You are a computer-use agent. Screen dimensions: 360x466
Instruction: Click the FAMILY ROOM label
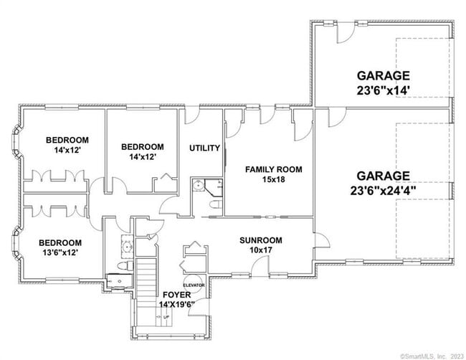[273, 169]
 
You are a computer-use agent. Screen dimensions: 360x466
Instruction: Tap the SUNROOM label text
[260, 240]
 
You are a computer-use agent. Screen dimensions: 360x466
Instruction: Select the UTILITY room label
[204, 148]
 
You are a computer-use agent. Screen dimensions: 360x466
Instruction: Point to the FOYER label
[176, 295]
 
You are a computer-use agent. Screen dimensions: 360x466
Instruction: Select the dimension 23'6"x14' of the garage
[384, 90]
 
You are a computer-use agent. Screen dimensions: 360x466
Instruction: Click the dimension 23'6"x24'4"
[384, 191]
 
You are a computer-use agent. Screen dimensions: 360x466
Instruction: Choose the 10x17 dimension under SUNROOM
[260, 250]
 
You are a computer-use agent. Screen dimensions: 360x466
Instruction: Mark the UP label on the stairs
[167, 316]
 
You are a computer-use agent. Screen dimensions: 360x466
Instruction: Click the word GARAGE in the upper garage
[384, 75]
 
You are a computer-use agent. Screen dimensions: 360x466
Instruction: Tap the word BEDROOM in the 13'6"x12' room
[60, 242]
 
